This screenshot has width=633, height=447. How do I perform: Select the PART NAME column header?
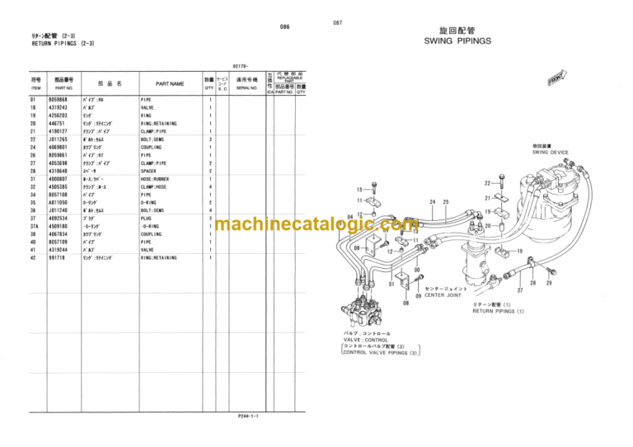pos(169,83)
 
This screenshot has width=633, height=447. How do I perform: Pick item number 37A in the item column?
pos(35,226)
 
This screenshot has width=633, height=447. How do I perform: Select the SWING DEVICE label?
pos(551,152)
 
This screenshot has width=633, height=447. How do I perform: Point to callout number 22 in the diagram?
pos(487,182)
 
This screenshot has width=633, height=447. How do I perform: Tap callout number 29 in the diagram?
pos(549,283)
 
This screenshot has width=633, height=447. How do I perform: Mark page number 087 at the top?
pos(337,22)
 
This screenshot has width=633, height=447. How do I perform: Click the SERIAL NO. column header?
pos(247,87)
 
